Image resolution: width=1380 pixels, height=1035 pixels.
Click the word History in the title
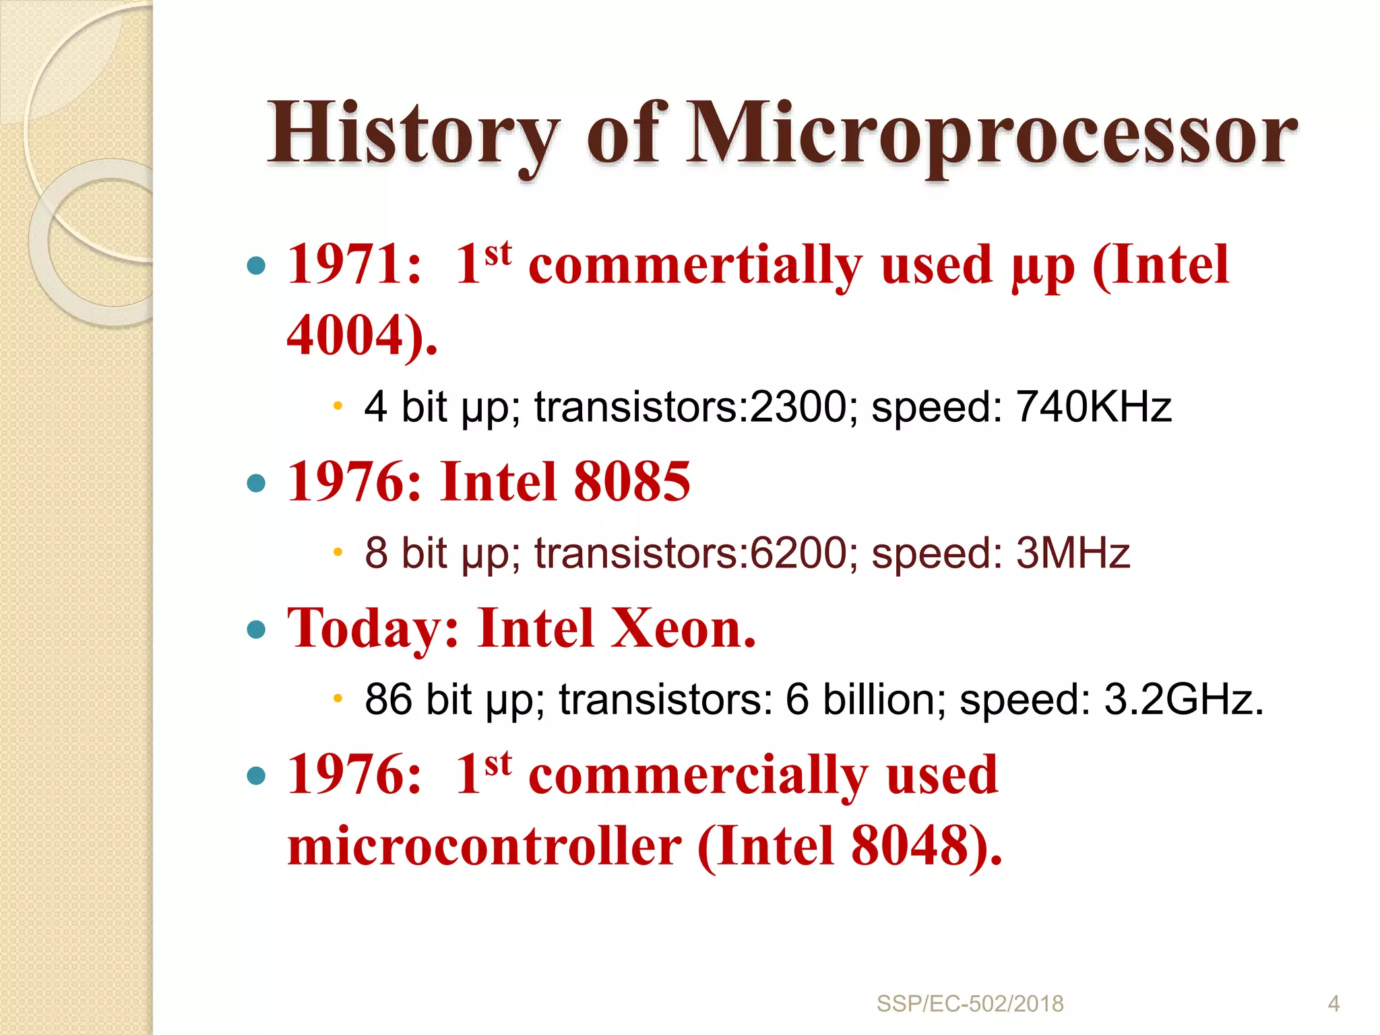412,133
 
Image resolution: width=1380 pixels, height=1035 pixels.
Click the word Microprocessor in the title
991,135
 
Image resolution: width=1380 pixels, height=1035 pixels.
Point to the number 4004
346,335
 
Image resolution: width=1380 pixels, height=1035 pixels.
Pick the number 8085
631,482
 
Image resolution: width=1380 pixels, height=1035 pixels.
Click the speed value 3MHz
1073,554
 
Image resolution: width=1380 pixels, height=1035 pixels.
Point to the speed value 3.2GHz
1182,699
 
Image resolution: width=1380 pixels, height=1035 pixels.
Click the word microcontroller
484,847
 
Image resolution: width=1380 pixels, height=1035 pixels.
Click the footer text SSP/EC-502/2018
970,1004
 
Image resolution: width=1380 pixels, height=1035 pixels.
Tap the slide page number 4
1334,1004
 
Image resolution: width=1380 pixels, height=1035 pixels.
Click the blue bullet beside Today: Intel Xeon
256,630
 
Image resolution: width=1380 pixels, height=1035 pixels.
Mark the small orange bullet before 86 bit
338,698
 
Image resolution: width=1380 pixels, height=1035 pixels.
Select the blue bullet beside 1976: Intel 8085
256,483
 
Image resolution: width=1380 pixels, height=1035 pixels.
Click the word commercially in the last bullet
697,776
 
